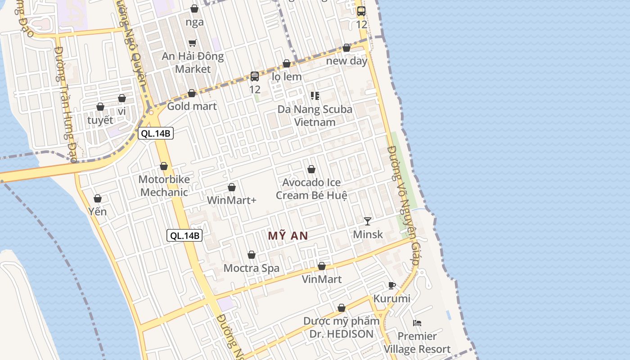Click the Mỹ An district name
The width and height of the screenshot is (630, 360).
pyautogui.click(x=288, y=236)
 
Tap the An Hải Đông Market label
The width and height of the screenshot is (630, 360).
pyautogui.click(x=193, y=63)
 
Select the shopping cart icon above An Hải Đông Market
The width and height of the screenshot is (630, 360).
pyautogui.click(x=192, y=43)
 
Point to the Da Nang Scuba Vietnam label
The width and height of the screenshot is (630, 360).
pyautogui.click(x=315, y=116)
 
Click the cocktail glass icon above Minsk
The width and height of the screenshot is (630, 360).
pyautogui.click(x=368, y=221)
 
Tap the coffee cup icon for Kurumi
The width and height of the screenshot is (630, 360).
pyautogui.click(x=391, y=285)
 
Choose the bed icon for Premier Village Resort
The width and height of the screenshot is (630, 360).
pyautogui.click(x=417, y=323)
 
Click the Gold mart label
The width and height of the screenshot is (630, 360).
pyautogui.click(x=192, y=106)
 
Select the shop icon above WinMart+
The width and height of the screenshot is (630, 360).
pyautogui.click(x=232, y=187)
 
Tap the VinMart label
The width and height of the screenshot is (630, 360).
pyautogui.click(x=321, y=279)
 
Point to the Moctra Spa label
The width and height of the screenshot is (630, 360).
pyautogui.click(x=252, y=268)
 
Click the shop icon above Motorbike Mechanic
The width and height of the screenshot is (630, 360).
pyautogui.click(x=164, y=166)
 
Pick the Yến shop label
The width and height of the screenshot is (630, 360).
pyautogui.click(x=98, y=211)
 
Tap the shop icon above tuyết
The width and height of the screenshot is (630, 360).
pyautogui.click(x=100, y=107)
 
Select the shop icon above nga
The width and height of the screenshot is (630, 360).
pyautogui.click(x=194, y=9)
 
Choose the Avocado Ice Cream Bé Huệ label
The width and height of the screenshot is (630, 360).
pyautogui.click(x=311, y=189)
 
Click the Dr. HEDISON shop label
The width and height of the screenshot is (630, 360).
pyautogui.click(x=341, y=328)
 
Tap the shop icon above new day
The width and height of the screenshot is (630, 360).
pyautogui.click(x=346, y=48)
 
